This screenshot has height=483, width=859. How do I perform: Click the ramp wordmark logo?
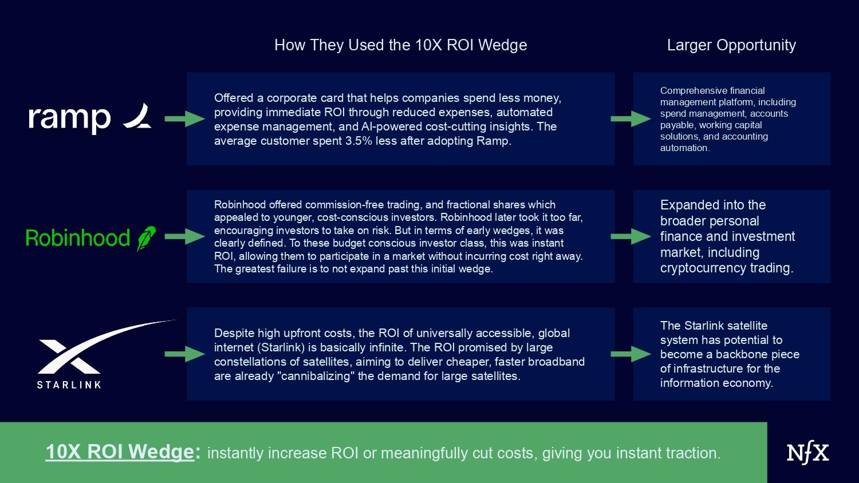click(x=69, y=119)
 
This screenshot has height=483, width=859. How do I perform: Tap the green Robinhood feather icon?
click(x=147, y=239)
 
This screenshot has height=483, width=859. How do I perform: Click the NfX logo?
click(x=807, y=453)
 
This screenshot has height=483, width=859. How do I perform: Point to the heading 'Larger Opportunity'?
click(x=731, y=45)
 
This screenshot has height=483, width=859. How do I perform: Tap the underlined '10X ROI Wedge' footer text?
click(x=120, y=452)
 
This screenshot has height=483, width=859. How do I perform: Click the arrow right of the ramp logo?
click(x=185, y=119)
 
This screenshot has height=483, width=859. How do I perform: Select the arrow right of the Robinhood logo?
click(x=185, y=236)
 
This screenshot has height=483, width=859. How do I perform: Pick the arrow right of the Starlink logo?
click(x=185, y=354)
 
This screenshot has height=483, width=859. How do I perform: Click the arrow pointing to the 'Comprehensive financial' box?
click(x=631, y=119)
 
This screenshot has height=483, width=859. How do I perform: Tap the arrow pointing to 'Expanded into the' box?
click(x=631, y=236)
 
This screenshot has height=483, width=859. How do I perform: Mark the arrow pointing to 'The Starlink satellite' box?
click(x=631, y=354)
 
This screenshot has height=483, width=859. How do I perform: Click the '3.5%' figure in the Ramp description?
click(x=358, y=141)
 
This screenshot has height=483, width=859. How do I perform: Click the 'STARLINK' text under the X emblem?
click(x=69, y=385)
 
